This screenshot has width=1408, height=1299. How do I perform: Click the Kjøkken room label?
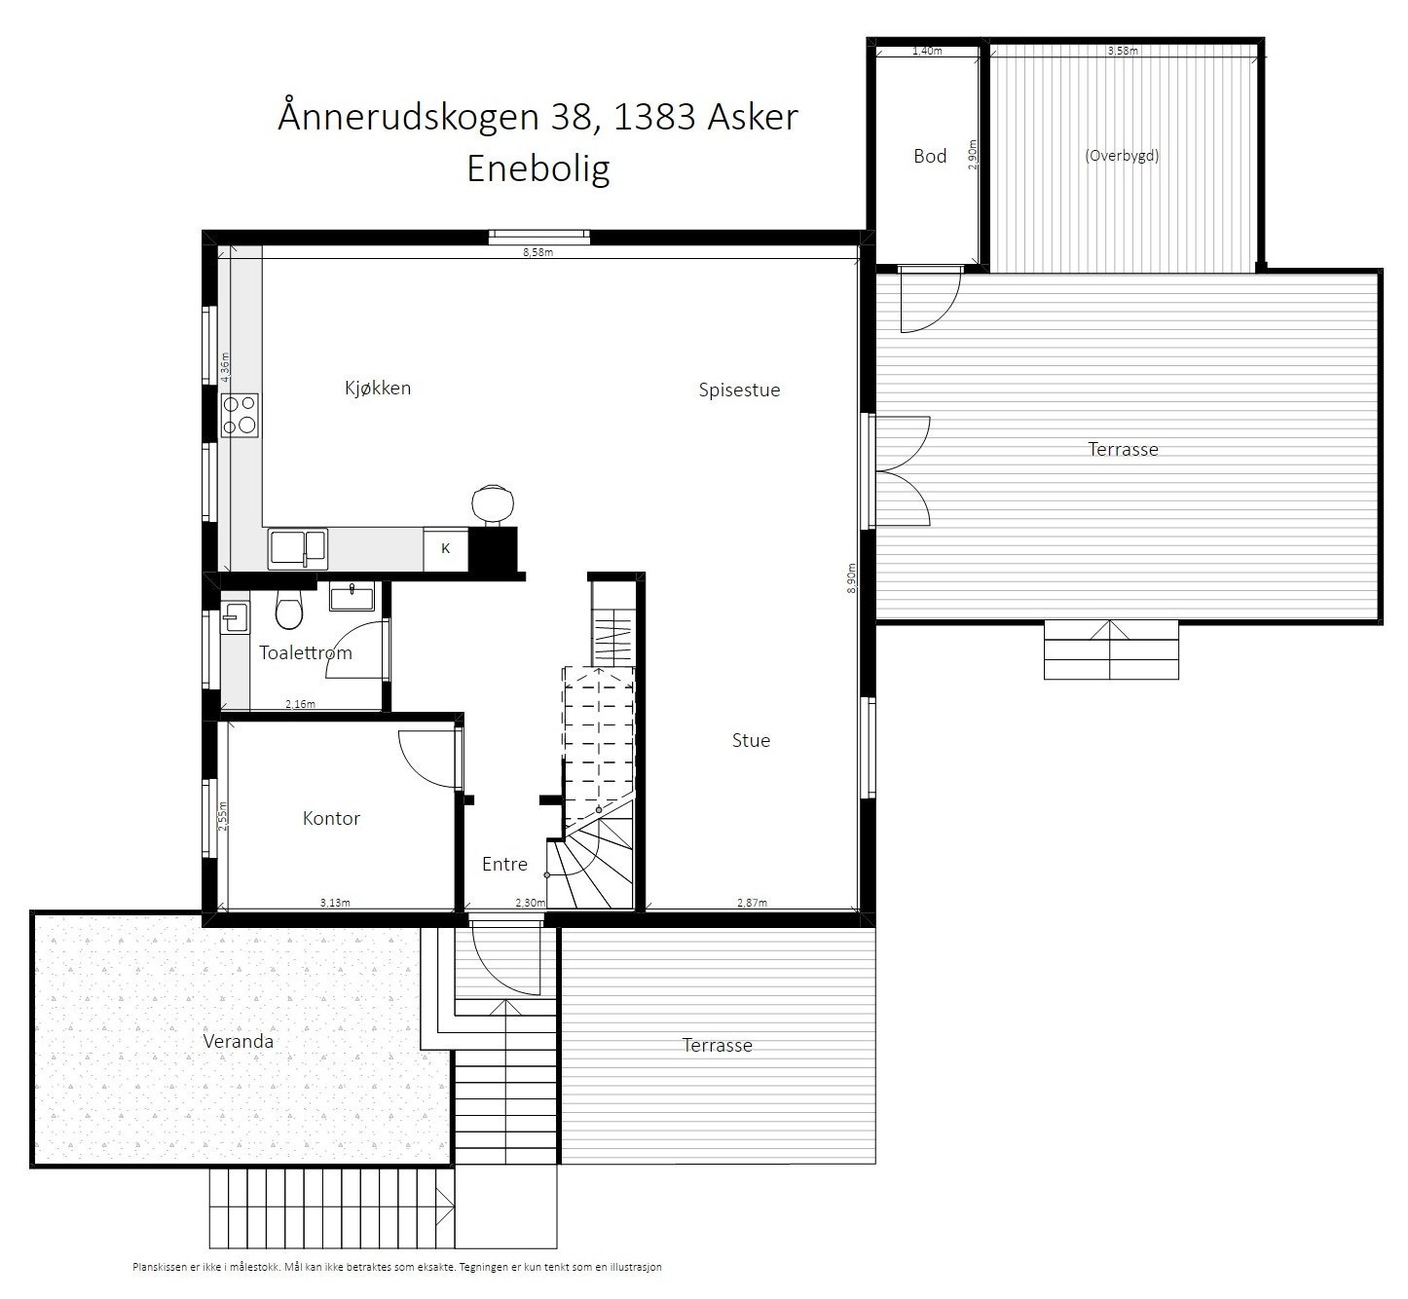(378, 388)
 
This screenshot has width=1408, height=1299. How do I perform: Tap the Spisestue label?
(739, 390)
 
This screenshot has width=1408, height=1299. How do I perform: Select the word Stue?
(751, 740)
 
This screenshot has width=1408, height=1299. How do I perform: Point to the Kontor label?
(331, 818)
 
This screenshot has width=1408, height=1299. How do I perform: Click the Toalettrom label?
(305, 652)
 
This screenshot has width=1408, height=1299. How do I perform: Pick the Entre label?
(504, 864)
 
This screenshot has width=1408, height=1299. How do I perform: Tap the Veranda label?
(238, 1041)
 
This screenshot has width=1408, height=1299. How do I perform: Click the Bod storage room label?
(930, 156)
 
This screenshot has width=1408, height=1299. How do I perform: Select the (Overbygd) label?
(1122, 155)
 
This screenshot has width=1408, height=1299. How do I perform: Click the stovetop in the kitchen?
(239, 414)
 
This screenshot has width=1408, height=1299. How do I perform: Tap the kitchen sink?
(299, 548)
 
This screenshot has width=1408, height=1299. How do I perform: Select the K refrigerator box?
(446, 548)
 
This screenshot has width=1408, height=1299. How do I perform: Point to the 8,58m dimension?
(537, 252)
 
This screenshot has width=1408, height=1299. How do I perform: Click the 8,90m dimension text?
(851, 576)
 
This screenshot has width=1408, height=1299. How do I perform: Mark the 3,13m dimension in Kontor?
(334, 903)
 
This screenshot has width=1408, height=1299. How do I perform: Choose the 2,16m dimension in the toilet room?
(300, 704)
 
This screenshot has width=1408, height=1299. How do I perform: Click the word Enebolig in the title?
(538, 168)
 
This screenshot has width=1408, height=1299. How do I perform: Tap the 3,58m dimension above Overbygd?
(1122, 51)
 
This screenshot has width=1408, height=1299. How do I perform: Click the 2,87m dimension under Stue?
(752, 903)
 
